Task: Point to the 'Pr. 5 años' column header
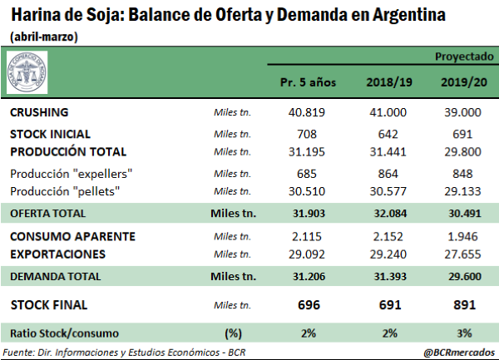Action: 307,84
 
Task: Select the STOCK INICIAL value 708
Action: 307,133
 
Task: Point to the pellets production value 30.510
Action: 307,190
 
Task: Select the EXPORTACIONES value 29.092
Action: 307,253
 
